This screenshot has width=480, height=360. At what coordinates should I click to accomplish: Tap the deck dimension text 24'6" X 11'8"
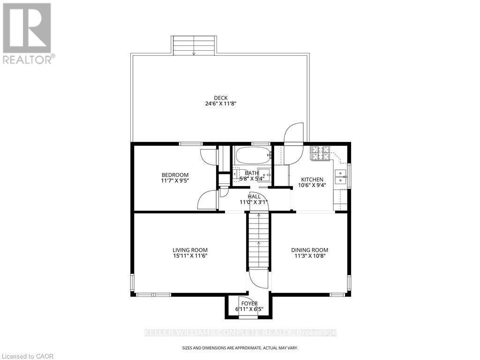(217, 104)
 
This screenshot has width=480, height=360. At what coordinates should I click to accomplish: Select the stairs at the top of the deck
(194, 45)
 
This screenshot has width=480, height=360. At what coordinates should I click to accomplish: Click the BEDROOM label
(174, 175)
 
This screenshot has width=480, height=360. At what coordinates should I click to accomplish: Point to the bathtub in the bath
(253, 155)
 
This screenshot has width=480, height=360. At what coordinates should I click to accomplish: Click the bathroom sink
(263, 172)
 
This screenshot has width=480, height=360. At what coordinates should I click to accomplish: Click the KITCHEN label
(312, 180)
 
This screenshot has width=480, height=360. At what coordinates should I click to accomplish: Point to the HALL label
(254, 196)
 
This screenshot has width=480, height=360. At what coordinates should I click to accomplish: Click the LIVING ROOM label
(190, 250)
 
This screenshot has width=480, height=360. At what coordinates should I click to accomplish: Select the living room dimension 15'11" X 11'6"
(190, 256)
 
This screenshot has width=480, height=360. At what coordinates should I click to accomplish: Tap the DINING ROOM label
(309, 250)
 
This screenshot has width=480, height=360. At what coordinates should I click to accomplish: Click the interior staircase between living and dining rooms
(258, 239)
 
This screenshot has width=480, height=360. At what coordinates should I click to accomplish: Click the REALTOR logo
(28, 33)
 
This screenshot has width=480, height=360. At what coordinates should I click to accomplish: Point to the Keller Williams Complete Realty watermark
(240, 333)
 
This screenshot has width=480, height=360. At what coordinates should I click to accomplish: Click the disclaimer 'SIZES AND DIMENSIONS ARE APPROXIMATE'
(240, 348)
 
